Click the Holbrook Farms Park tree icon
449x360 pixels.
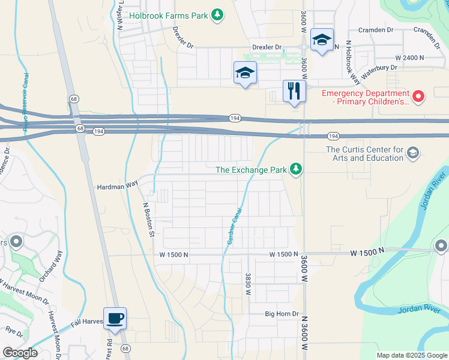218,14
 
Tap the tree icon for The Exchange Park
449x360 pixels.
295,170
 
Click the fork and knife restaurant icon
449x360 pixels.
294,92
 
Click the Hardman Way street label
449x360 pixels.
118,187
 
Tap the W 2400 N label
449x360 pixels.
410,58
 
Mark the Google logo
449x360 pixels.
20,353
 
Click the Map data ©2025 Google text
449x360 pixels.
411,355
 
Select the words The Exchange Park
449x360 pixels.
251,170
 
